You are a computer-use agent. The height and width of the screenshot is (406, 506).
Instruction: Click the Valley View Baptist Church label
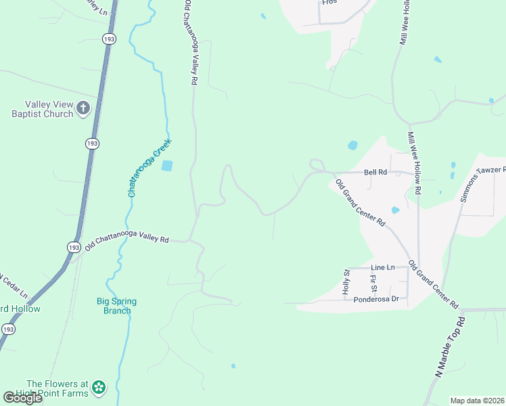click(x=49, y=109)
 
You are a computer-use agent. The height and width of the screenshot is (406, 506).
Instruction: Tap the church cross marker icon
click(x=83, y=108)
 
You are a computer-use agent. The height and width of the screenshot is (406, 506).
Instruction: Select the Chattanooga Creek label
click(x=149, y=168)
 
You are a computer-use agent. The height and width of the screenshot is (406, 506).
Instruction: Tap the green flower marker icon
click(x=99, y=388)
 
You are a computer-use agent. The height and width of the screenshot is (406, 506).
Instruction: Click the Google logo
click(x=22, y=398)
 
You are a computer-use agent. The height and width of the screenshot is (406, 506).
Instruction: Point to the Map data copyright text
click(x=477, y=401)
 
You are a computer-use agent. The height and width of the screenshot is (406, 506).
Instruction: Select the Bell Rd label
click(x=375, y=173)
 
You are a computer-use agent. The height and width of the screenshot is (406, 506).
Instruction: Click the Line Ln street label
click(x=383, y=268)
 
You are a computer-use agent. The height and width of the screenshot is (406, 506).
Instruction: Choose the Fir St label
click(x=373, y=278)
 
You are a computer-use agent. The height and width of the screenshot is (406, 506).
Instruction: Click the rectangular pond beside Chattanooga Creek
click(x=167, y=165)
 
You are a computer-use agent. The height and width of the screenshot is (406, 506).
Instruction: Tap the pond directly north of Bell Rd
click(x=352, y=145)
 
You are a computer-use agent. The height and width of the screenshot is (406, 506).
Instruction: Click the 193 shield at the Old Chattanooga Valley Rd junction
click(x=73, y=248)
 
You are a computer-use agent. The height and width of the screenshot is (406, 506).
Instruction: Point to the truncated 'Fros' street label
click(x=329, y=3)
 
